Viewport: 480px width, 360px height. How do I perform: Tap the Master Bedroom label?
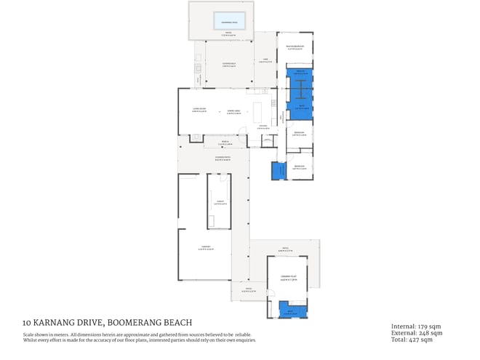coord(299,49)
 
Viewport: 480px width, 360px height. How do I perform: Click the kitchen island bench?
coord(258,112)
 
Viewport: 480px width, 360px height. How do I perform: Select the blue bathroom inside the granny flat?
coord(293,311)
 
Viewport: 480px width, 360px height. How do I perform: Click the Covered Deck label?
coord(228,64)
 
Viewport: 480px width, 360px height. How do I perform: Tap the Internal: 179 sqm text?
coord(412,326)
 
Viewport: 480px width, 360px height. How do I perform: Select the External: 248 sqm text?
coord(413,332)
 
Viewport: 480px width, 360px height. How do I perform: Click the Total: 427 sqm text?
coord(412,340)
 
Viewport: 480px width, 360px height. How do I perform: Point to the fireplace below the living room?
coord(195,138)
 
